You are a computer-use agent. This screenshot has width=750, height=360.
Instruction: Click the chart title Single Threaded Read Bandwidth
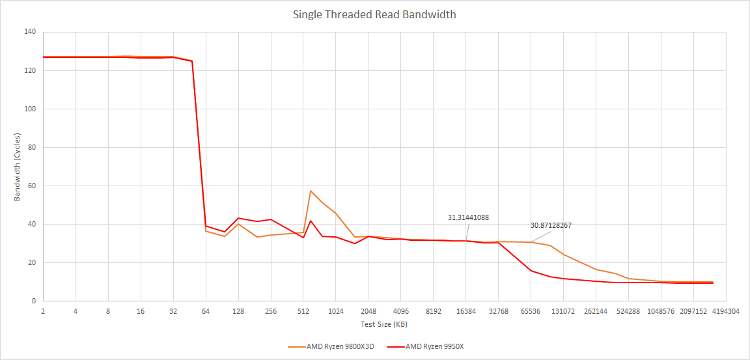click(374, 14)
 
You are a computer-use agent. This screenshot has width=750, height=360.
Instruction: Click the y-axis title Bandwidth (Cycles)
click(18, 167)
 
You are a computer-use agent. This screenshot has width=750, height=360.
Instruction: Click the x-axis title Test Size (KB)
click(384, 324)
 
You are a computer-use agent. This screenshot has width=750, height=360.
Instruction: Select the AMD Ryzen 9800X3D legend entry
click(335, 346)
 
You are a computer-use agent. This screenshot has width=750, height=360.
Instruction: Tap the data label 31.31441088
click(468, 217)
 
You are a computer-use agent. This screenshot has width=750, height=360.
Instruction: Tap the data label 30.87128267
click(551, 225)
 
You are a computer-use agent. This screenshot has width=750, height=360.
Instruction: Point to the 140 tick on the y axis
click(29, 32)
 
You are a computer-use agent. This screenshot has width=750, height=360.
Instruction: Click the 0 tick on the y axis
click(33, 301)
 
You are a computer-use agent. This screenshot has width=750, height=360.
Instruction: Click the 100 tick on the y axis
click(29, 109)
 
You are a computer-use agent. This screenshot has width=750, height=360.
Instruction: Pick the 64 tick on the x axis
click(206, 311)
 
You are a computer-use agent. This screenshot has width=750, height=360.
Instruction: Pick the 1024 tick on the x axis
click(336, 311)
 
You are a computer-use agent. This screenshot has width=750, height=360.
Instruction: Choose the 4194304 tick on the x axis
click(726, 311)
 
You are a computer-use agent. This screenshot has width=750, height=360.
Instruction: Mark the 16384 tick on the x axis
click(466, 311)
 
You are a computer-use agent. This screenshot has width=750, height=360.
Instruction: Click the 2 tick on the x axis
click(43, 311)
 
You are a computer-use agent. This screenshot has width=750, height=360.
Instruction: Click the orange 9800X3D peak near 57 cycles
click(311, 191)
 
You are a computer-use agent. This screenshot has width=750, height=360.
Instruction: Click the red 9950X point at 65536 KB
click(531, 271)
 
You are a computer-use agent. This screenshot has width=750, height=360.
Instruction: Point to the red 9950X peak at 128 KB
click(238, 218)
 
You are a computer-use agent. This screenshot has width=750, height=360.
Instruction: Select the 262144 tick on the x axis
click(596, 311)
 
